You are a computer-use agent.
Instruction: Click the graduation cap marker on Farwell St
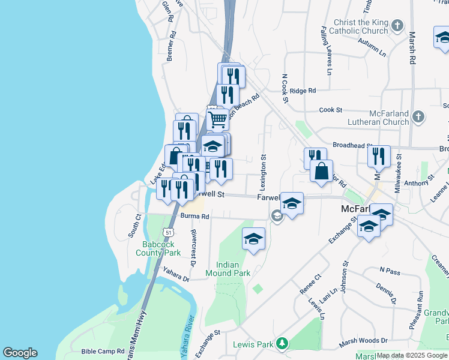click(292, 204)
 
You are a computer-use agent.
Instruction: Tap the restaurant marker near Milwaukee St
click(379, 156)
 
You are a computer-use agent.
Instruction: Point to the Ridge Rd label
click(303, 91)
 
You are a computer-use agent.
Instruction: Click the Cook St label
click(330, 110)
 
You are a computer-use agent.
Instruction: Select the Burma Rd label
click(193, 217)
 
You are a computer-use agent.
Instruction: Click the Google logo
click(20, 353)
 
